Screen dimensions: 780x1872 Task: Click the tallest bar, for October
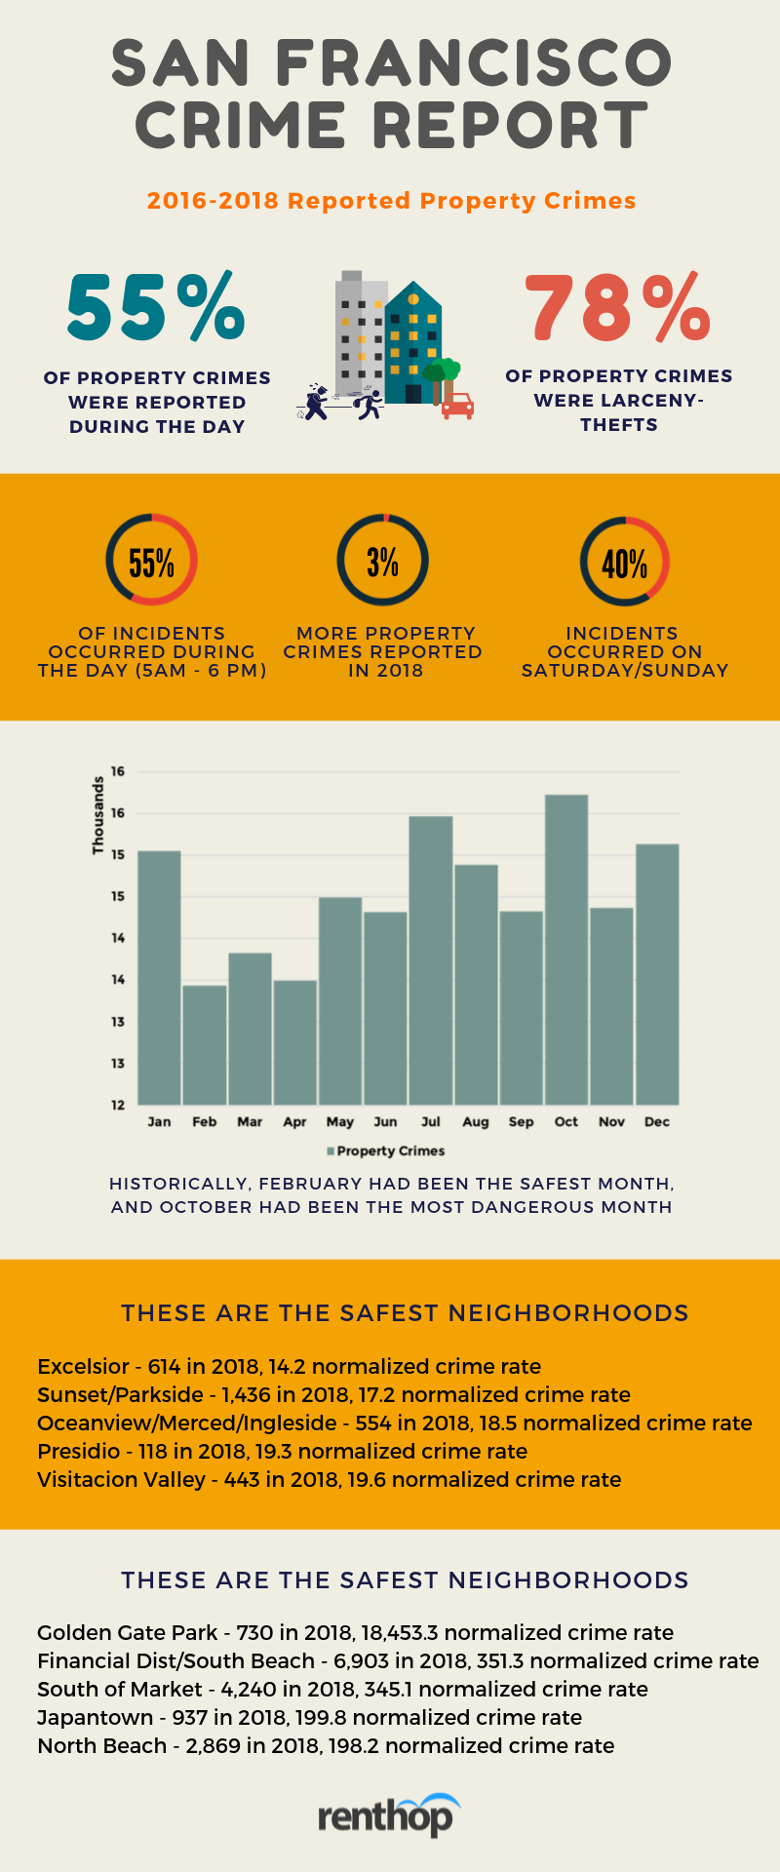coord(566,950)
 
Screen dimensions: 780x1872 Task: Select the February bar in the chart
coord(205,1045)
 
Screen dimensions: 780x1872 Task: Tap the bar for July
coord(431,960)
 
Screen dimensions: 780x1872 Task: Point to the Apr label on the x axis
coord(294,1122)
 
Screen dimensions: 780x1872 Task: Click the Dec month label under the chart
coord(657,1122)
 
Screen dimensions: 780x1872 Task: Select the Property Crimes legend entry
coord(386,1150)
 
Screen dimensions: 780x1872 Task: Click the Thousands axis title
coord(97,815)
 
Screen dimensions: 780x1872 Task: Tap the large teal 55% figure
coord(156,306)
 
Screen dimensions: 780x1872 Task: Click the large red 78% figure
coord(618,306)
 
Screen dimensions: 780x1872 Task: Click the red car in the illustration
coord(457,406)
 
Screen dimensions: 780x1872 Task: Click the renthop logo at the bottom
coord(388,1815)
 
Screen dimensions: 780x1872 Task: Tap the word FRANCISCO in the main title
coord(474,62)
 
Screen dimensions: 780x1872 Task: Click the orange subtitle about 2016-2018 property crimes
coord(391,201)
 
